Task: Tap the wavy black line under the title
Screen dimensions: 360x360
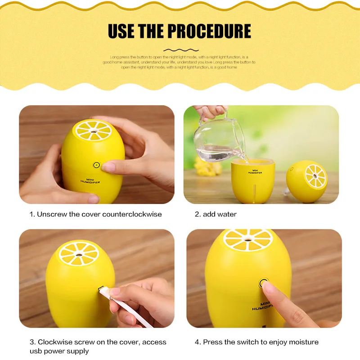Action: click(180, 50)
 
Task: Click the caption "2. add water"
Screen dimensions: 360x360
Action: click(216, 214)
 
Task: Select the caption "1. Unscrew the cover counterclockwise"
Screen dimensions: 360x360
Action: click(95, 214)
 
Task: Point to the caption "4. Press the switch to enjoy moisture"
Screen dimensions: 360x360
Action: click(256, 342)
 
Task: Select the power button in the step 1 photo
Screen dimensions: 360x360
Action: click(96, 165)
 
